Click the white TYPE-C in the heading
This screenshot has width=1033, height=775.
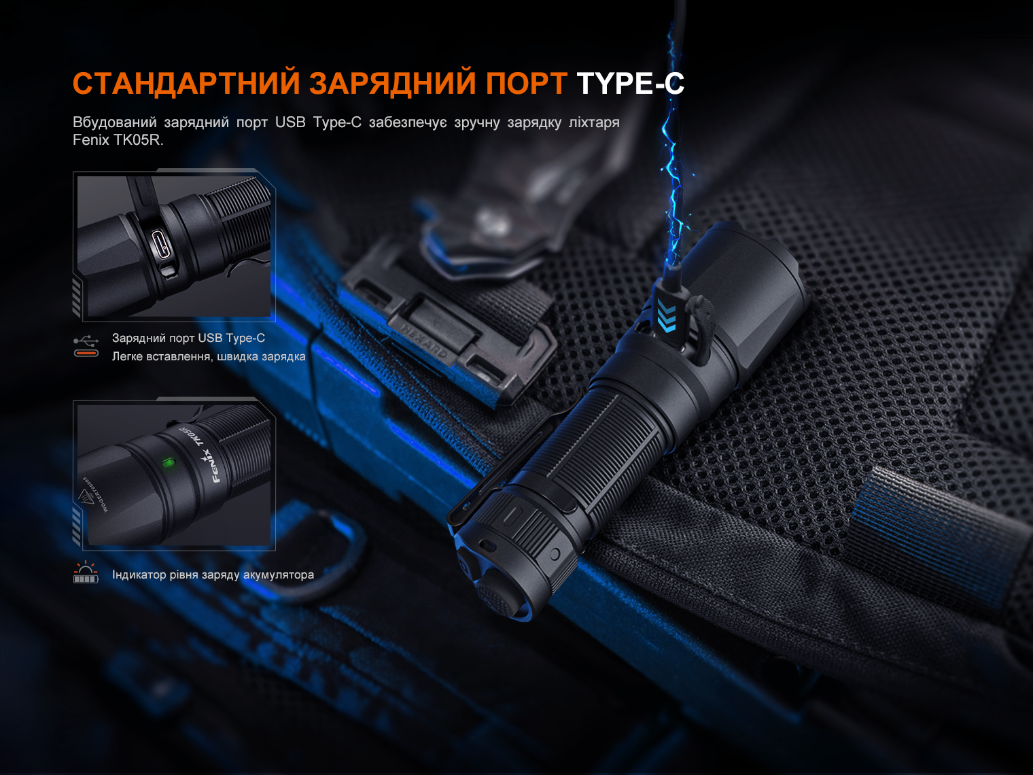pos(630,84)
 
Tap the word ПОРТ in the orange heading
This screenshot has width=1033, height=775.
pos(525,84)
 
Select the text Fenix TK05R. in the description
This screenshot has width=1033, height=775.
pos(118,140)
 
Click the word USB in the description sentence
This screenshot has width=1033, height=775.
pos(290,122)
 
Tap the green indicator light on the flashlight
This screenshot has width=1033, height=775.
pos(167,463)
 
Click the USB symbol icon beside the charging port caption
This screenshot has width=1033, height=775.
pos(86,340)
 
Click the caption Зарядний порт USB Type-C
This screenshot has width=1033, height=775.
pos(188,338)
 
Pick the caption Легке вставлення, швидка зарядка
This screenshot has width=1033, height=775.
pos(209,356)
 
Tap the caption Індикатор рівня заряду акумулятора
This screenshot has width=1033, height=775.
pos(213,574)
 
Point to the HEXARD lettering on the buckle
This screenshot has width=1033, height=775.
pos(425,340)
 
